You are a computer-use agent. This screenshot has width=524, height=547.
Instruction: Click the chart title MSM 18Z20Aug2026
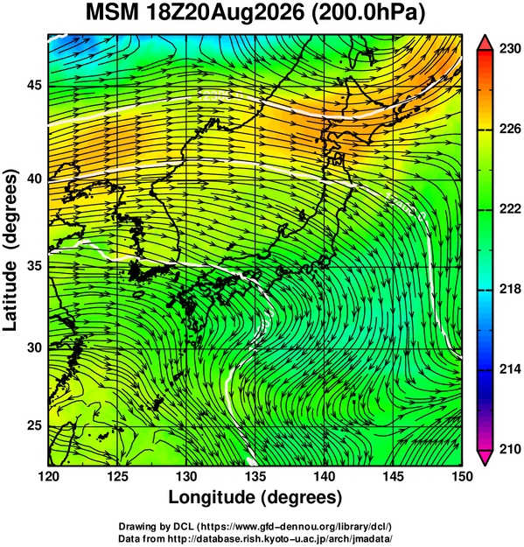click(195, 13)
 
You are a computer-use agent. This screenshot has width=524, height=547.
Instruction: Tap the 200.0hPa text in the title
click(368, 14)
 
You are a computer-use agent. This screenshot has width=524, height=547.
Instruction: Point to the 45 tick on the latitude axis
click(34, 86)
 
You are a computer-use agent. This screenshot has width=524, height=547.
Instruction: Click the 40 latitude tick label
click(34, 179)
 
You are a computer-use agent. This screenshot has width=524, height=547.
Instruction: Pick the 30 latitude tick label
click(34, 348)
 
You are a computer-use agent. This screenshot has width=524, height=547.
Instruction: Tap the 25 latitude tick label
click(34, 426)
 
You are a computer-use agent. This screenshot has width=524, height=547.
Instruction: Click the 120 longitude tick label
click(48, 476)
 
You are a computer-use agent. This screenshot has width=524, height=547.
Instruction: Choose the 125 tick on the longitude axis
click(117, 476)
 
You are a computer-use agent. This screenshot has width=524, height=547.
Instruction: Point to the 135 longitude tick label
click(255, 476)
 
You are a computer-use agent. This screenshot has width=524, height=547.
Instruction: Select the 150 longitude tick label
click(462, 476)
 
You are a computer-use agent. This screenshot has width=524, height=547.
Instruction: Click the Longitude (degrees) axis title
click(255, 498)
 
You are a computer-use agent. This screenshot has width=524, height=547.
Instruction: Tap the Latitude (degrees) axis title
click(10, 250)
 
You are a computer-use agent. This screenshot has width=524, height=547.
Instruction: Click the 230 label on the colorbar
click(510, 49)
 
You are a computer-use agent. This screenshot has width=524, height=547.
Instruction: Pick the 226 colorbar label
click(510, 129)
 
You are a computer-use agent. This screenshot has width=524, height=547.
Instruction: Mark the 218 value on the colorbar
click(510, 289)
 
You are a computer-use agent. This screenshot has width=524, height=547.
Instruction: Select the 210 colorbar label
click(510, 449)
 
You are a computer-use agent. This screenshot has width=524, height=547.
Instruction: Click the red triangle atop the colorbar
click(486, 43)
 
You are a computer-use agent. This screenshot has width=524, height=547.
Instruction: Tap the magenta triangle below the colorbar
click(486, 458)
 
